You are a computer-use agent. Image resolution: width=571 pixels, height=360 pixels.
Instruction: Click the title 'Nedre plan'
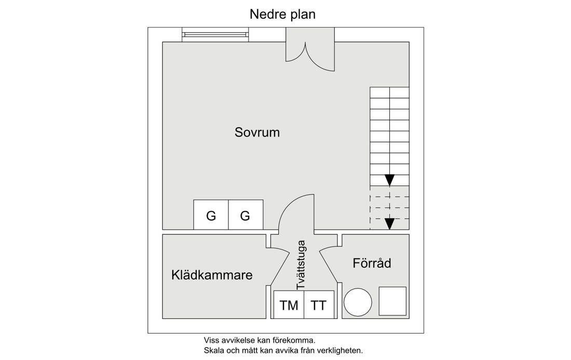(282, 15)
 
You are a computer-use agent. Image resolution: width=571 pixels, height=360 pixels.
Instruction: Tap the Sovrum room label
(257, 132)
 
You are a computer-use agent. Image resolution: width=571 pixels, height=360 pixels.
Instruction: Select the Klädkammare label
(212, 275)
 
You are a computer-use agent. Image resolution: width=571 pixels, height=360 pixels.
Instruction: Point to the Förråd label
(372, 263)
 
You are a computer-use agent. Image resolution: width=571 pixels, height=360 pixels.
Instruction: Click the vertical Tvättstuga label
(301, 265)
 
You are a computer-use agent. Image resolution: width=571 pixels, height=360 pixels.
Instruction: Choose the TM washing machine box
(289, 305)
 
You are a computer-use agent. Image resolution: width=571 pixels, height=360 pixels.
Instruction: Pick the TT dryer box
(319, 305)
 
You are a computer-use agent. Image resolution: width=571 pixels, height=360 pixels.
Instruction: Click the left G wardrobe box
(211, 215)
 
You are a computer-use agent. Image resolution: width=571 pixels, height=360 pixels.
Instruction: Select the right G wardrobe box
(246, 215)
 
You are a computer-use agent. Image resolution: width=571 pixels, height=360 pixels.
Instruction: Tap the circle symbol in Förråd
(358, 302)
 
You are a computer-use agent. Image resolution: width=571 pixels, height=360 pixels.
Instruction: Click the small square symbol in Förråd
(392, 301)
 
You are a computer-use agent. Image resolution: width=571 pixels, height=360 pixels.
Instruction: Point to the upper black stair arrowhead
(390, 180)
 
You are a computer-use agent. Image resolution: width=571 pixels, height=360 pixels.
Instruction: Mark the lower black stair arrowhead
(390, 224)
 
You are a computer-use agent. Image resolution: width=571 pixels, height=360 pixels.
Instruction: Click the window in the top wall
(215, 35)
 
